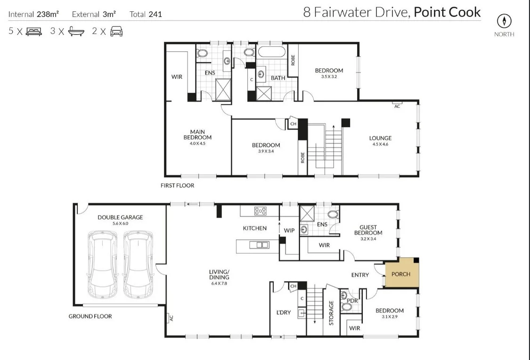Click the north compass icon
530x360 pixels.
pyautogui.click(x=504, y=21)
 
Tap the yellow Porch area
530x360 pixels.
pyautogui.click(x=401, y=274)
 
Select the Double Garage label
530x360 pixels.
pyautogui.click(x=120, y=217)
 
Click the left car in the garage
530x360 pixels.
pyautogui.click(x=102, y=264)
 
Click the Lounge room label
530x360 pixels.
pyautogui.click(x=380, y=139)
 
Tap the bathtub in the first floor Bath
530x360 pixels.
pyautogui.click(x=271, y=52)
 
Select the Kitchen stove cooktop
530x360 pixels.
pyautogui.click(x=260, y=211)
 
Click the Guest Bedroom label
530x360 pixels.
pyautogui.click(x=368, y=230)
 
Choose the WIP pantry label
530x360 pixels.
pyautogui.click(x=289, y=230)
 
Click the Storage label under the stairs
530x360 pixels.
pyautogui.click(x=331, y=312)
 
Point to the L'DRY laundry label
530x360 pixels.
pyautogui.click(x=284, y=313)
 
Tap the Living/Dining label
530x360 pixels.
pyautogui.click(x=219, y=275)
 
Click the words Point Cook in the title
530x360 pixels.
pyautogui.click(x=447, y=12)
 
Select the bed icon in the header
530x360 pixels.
pyautogui.click(x=33, y=32)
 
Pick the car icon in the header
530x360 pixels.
pyautogui.click(x=116, y=32)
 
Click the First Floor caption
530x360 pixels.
pyautogui.click(x=177, y=186)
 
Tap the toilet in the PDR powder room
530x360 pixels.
pyautogui.click(x=347, y=307)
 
